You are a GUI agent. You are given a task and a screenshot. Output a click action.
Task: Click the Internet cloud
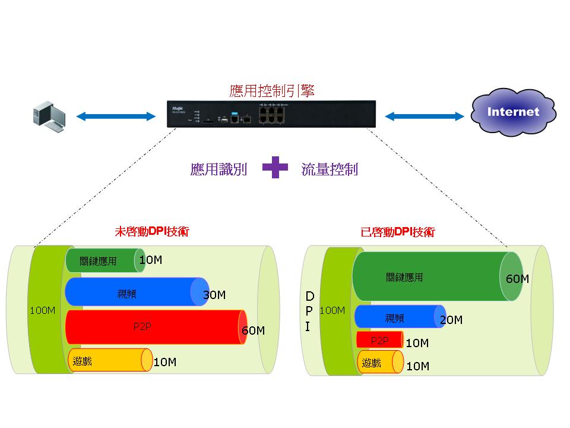pos(513,112)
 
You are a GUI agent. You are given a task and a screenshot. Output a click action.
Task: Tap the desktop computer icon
pos(49,117)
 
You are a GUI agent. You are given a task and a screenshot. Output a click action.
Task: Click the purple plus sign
pos(275,168)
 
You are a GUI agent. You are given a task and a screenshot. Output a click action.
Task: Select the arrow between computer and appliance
pos(116,117)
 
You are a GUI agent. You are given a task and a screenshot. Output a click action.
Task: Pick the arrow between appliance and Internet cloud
pos(424,117)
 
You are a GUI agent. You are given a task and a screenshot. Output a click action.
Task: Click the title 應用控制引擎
pos(272,90)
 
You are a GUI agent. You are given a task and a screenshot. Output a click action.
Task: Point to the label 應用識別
pos(219,169)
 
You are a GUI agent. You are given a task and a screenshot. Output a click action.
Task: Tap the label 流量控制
pos(330,169)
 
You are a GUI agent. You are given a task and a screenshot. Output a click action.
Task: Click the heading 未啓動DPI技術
pos(152,231)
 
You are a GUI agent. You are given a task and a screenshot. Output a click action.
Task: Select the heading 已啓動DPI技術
pos(398,232)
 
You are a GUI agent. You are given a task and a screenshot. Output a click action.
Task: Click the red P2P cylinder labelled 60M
pos(156,327)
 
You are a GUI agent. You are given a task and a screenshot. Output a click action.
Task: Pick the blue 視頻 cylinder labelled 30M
pos(137,291)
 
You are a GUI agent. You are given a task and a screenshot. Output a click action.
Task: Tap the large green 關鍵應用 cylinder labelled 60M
pos(438,276)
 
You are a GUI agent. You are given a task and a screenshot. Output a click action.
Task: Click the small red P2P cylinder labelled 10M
pos(380,339)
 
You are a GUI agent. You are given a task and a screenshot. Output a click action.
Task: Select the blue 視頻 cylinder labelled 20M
pos(400,317)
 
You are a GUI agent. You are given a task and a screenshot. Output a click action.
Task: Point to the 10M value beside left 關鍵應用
pos(151,260)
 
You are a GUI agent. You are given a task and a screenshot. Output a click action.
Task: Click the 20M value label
pos(451,320)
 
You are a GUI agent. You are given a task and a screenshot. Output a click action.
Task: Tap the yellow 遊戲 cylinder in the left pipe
pos(110,360)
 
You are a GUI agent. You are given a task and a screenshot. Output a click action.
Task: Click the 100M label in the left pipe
pos(43,310)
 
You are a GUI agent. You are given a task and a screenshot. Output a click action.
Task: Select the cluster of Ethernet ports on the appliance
pos(271,114)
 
